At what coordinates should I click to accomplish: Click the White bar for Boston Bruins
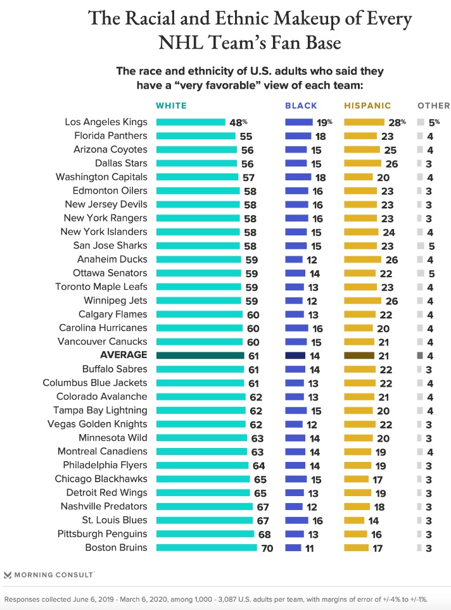point(206,547)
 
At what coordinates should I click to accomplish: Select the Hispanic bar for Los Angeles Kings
point(364,121)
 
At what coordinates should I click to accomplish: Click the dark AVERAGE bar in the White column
point(200,355)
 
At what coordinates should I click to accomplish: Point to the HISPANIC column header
point(367,106)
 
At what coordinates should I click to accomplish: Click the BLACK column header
point(301,106)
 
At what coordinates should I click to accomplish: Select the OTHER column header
point(433,106)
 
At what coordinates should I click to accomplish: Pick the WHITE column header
point(171,106)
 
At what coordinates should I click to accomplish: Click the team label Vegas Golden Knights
point(98,424)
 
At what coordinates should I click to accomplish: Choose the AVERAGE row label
point(124,355)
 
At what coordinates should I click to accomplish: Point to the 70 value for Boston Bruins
point(267,548)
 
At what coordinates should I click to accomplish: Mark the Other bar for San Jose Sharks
point(420,246)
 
